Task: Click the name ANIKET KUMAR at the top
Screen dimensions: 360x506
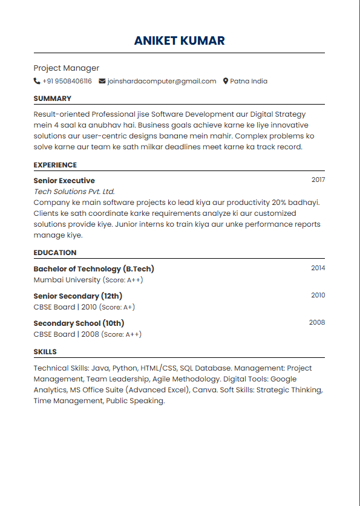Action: tap(179, 41)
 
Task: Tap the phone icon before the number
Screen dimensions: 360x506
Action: tap(37, 81)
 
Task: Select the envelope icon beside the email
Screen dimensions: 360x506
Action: tap(102, 81)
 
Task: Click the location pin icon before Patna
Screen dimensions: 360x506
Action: tap(226, 81)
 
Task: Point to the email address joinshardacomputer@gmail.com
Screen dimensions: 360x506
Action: tap(162, 81)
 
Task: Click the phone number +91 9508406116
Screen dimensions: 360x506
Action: tap(67, 81)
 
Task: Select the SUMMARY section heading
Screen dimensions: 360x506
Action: tap(52, 99)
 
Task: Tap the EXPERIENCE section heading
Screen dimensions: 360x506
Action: tap(55, 165)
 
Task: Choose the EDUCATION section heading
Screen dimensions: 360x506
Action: tap(55, 253)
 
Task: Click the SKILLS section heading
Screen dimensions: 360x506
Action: tap(45, 352)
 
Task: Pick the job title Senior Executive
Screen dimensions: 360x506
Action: tap(64, 181)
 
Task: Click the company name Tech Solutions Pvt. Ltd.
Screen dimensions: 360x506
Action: tap(74, 192)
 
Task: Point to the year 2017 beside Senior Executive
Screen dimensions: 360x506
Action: tap(318, 180)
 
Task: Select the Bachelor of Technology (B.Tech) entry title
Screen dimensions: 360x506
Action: tap(94, 269)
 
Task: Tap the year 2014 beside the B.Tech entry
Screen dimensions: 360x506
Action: tap(318, 268)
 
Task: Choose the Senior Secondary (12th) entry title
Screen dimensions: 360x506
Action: tap(77, 296)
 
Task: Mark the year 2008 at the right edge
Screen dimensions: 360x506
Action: tap(317, 322)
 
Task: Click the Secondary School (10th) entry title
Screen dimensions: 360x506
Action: tap(79, 323)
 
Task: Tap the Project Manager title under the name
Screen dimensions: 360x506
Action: tap(66, 68)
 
